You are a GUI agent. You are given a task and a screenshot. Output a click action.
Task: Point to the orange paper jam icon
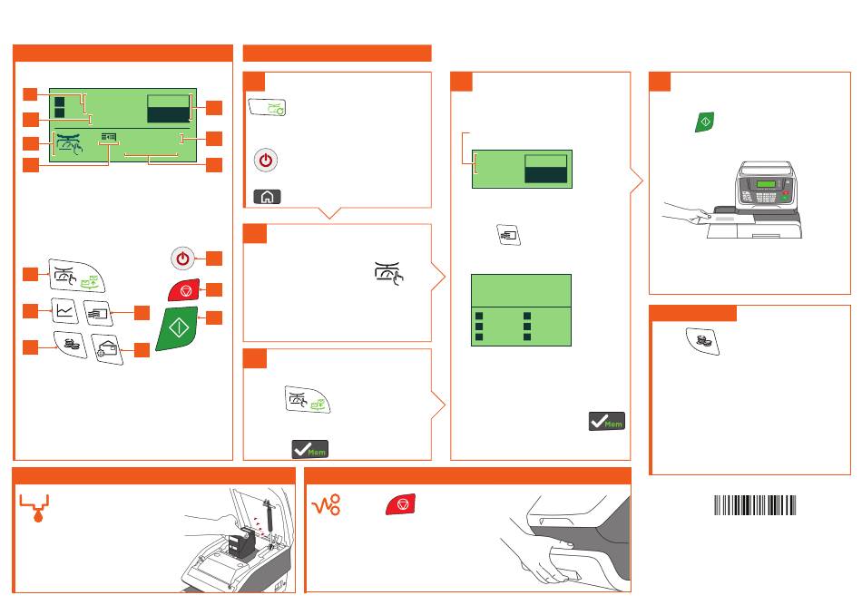[x=327, y=506]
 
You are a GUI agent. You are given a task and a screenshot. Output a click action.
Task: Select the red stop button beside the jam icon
[x=400, y=504]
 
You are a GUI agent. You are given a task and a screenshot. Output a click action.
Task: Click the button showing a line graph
[x=64, y=310]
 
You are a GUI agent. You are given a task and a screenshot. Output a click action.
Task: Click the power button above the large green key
[x=183, y=259]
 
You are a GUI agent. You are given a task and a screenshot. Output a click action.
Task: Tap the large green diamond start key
[x=183, y=327]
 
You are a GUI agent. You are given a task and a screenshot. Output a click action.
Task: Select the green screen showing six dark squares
[x=521, y=309]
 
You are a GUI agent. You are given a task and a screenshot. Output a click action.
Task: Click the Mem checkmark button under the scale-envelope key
[x=309, y=448]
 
